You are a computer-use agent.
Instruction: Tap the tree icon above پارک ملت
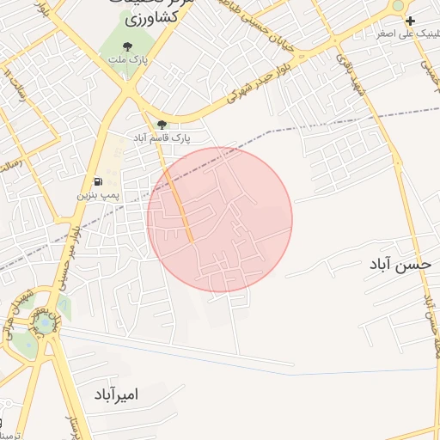pyautogui.click(x=127, y=46)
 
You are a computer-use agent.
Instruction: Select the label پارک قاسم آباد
pyautogui.click(x=161, y=137)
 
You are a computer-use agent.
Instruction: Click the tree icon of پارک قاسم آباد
pyautogui.click(x=162, y=125)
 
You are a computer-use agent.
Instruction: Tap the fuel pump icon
pyautogui.click(x=99, y=181)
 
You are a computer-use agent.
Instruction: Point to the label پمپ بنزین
pyautogui.click(x=95, y=196)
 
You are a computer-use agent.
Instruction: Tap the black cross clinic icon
pyautogui.click(x=411, y=21)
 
